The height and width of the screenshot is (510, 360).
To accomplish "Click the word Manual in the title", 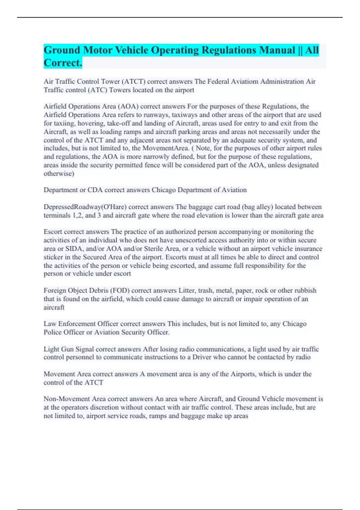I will (277, 50).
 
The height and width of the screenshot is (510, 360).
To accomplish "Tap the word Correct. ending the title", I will (63, 63).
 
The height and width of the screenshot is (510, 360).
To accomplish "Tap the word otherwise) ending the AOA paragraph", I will (59, 174).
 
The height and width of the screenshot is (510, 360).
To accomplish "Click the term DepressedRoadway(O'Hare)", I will (85, 207).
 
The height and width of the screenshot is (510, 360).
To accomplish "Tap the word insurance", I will (308, 249).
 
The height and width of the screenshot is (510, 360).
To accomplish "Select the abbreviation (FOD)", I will (120, 290).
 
